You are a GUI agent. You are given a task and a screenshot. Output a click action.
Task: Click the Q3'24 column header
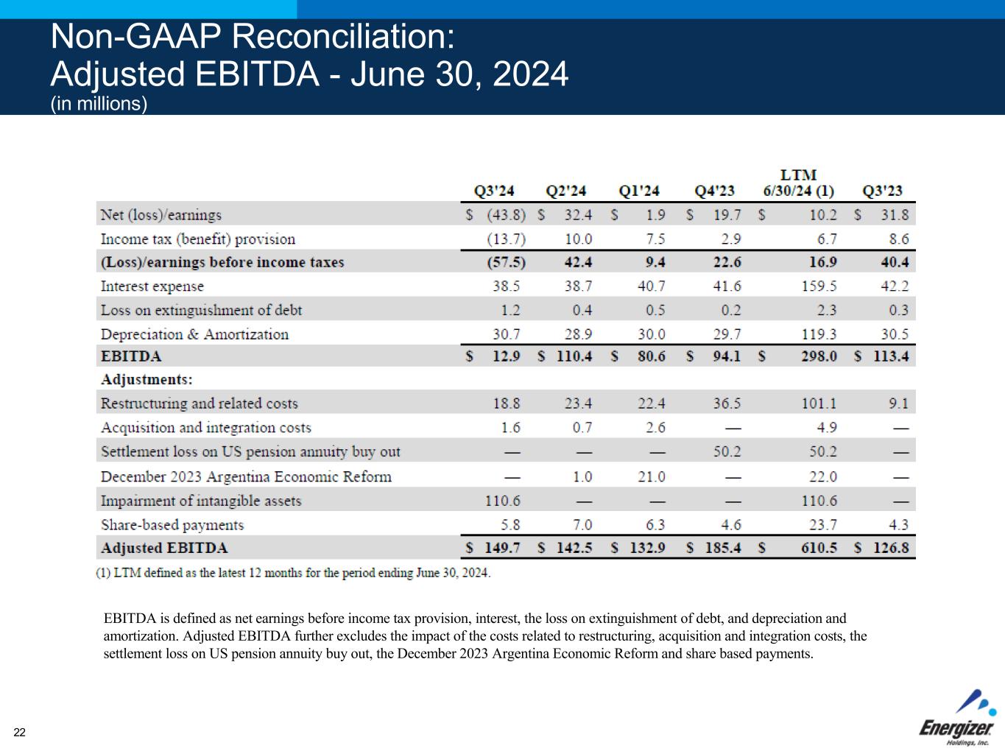coord(493,191)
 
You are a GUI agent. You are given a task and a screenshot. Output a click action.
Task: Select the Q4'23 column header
coord(715,191)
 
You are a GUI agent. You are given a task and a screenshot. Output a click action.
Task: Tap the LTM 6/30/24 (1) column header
coord(798,183)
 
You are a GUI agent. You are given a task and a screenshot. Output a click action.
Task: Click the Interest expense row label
coord(152,286)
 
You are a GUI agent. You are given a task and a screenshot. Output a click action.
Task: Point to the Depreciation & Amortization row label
coord(194,334)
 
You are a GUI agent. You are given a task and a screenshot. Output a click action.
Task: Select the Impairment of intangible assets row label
coord(201,501)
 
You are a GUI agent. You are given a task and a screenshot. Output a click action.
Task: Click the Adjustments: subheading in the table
coord(147,380)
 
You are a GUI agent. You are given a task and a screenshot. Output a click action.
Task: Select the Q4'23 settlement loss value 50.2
coord(727,451)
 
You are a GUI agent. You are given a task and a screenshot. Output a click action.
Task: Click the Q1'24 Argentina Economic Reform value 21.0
coord(651,476)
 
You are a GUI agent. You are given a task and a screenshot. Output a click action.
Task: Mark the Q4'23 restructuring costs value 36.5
coord(727,404)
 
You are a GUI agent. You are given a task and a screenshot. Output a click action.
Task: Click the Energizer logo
coord(957,719)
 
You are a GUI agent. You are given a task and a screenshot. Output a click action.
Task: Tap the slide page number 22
coord(19,732)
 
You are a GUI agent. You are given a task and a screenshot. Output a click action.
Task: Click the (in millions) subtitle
coord(99,104)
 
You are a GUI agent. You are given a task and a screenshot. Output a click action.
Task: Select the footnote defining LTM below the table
coord(293,573)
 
